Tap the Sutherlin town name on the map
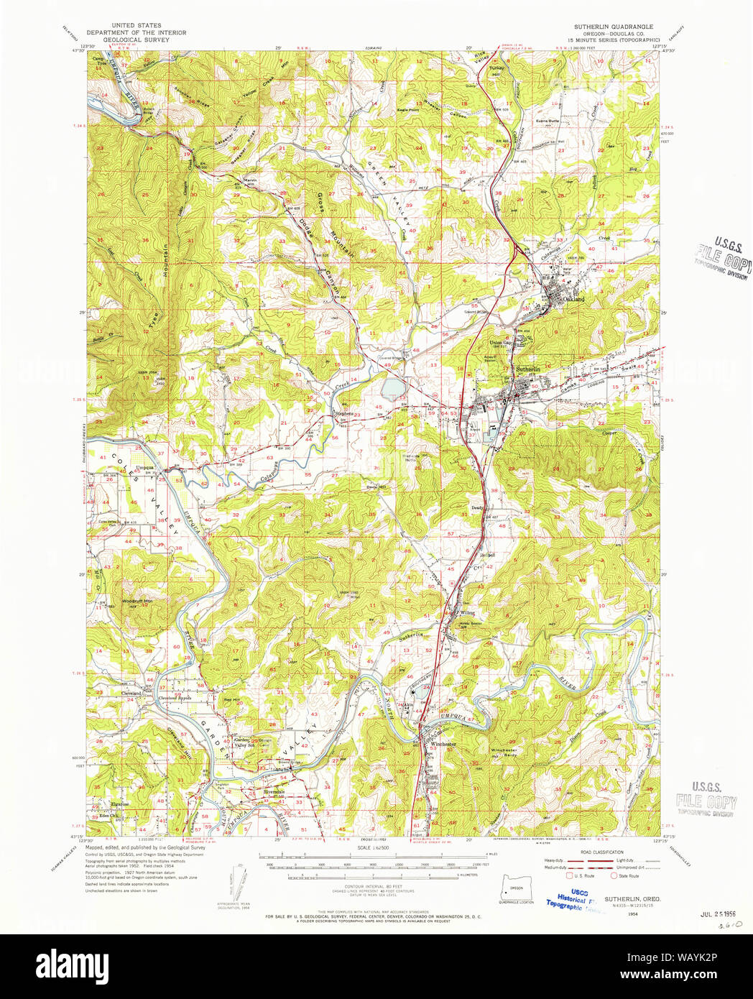(x=527, y=369)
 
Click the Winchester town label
(x=444, y=745)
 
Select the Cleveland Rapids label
(x=175, y=697)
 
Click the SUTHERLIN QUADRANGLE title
(x=613, y=27)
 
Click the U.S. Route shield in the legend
(x=570, y=875)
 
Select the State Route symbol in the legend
(x=613, y=875)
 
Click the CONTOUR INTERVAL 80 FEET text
(x=376, y=887)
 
